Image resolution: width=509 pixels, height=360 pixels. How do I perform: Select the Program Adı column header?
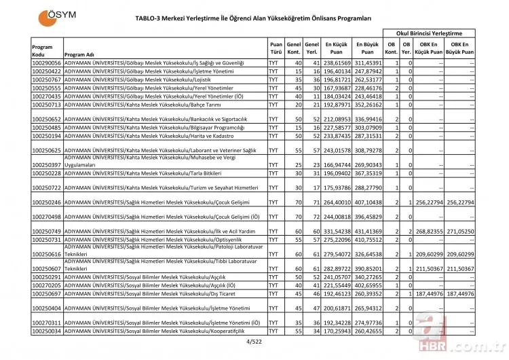click(80, 54)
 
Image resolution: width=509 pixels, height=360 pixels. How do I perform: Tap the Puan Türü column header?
click(275, 47)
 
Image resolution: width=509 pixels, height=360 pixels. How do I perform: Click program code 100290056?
click(46, 62)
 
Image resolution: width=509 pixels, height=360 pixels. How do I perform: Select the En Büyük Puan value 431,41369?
click(367, 231)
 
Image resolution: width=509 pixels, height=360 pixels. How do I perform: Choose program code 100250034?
click(46, 331)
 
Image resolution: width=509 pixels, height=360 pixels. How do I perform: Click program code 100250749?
click(46, 231)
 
